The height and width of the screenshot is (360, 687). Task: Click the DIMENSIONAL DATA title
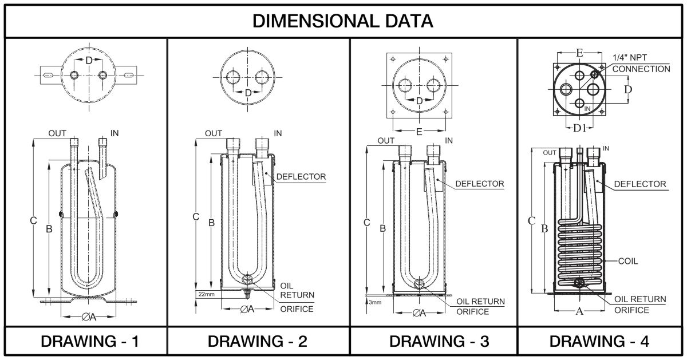tap(343, 21)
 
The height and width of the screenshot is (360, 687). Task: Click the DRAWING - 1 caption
tap(90, 342)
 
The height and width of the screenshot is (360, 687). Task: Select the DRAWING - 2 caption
tap(258, 342)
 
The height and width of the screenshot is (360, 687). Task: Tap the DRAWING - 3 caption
tap(439, 342)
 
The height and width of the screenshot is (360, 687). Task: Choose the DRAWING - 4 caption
tap(599, 342)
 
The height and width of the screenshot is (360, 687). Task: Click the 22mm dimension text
tap(206, 294)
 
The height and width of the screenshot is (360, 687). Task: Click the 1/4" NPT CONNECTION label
tap(641, 64)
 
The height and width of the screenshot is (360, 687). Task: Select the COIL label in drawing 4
tap(627, 261)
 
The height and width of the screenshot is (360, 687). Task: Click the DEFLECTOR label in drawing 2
tap(301, 176)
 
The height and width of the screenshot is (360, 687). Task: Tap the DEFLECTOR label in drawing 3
tap(480, 184)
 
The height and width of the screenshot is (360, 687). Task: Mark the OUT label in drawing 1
tap(57, 133)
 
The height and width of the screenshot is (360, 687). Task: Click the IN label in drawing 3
tap(449, 140)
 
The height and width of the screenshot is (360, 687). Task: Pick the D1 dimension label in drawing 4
tap(579, 126)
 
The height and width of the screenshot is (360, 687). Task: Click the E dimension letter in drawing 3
tap(419, 132)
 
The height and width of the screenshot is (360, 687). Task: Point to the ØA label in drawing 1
tap(89, 317)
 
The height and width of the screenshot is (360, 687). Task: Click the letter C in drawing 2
tap(195, 217)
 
